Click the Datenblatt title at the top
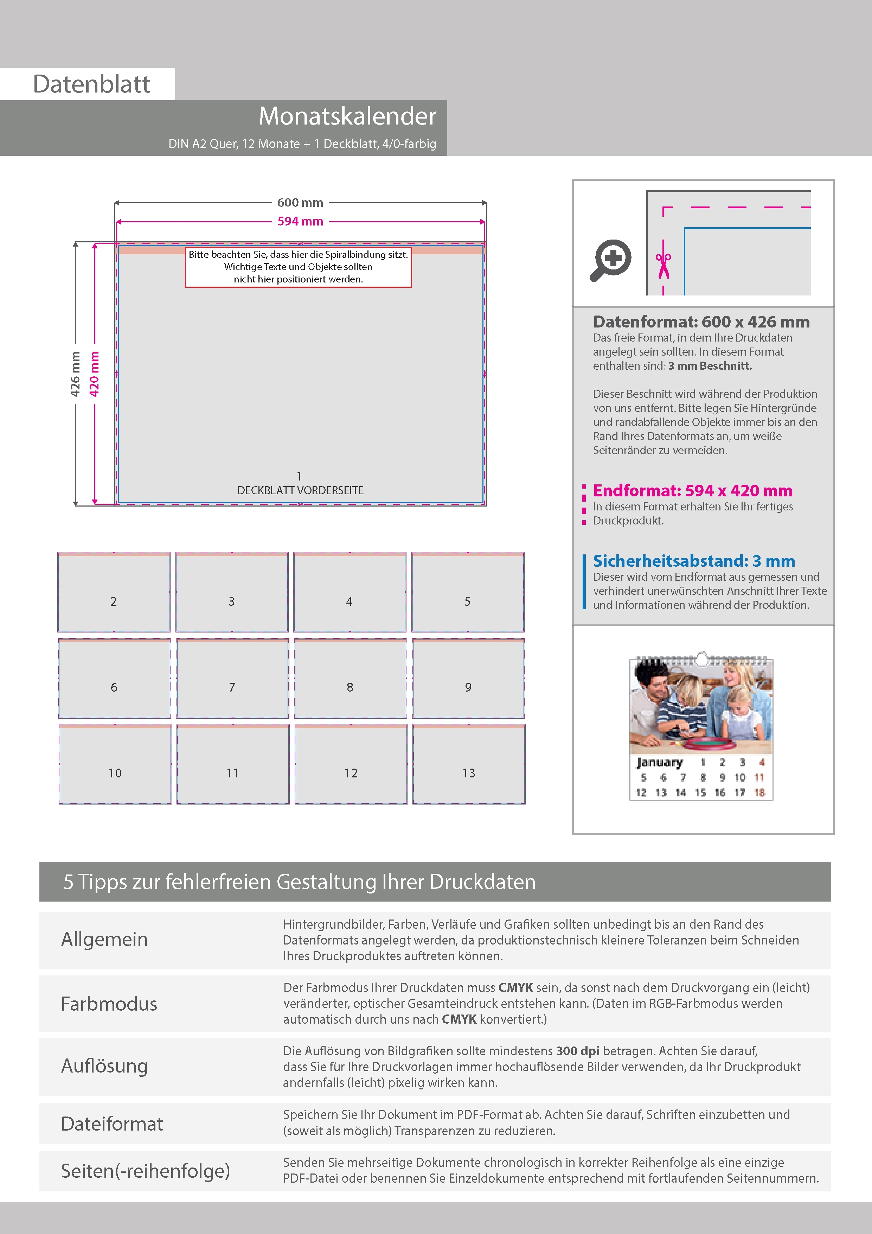click(91, 84)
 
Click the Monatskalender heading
click(347, 116)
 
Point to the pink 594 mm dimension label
click(300, 221)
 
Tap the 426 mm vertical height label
click(75, 374)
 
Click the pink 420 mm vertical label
click(95, 374)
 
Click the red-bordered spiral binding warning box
click(298, 267)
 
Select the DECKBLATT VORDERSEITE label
click(300, 490)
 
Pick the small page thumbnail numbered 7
click(232, 678)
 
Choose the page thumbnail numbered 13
click(469, 764)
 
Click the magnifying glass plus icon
click(611, 260)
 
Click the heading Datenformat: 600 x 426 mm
click(701, 322)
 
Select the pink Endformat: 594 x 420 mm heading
click(693, 491)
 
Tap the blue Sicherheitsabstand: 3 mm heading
click(694, 561)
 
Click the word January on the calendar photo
click(659, 762)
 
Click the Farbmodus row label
click(109, 1004)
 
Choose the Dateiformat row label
click(112, 1124)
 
